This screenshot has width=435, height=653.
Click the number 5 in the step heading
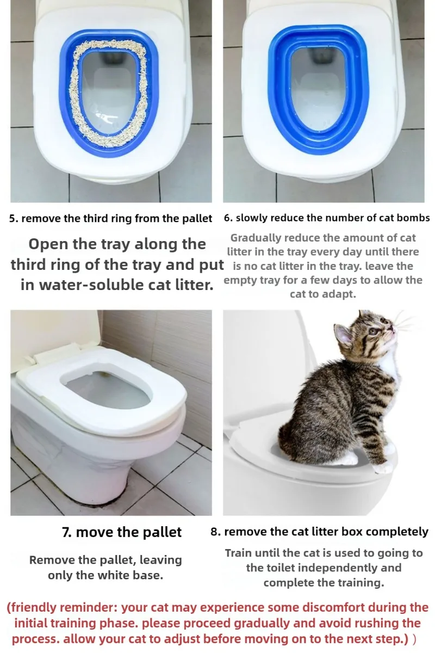click(13, 218)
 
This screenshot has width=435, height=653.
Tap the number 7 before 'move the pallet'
click(66, 532)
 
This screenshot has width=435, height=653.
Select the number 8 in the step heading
click(214, 532)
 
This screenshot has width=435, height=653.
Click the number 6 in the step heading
click(227, 218)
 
